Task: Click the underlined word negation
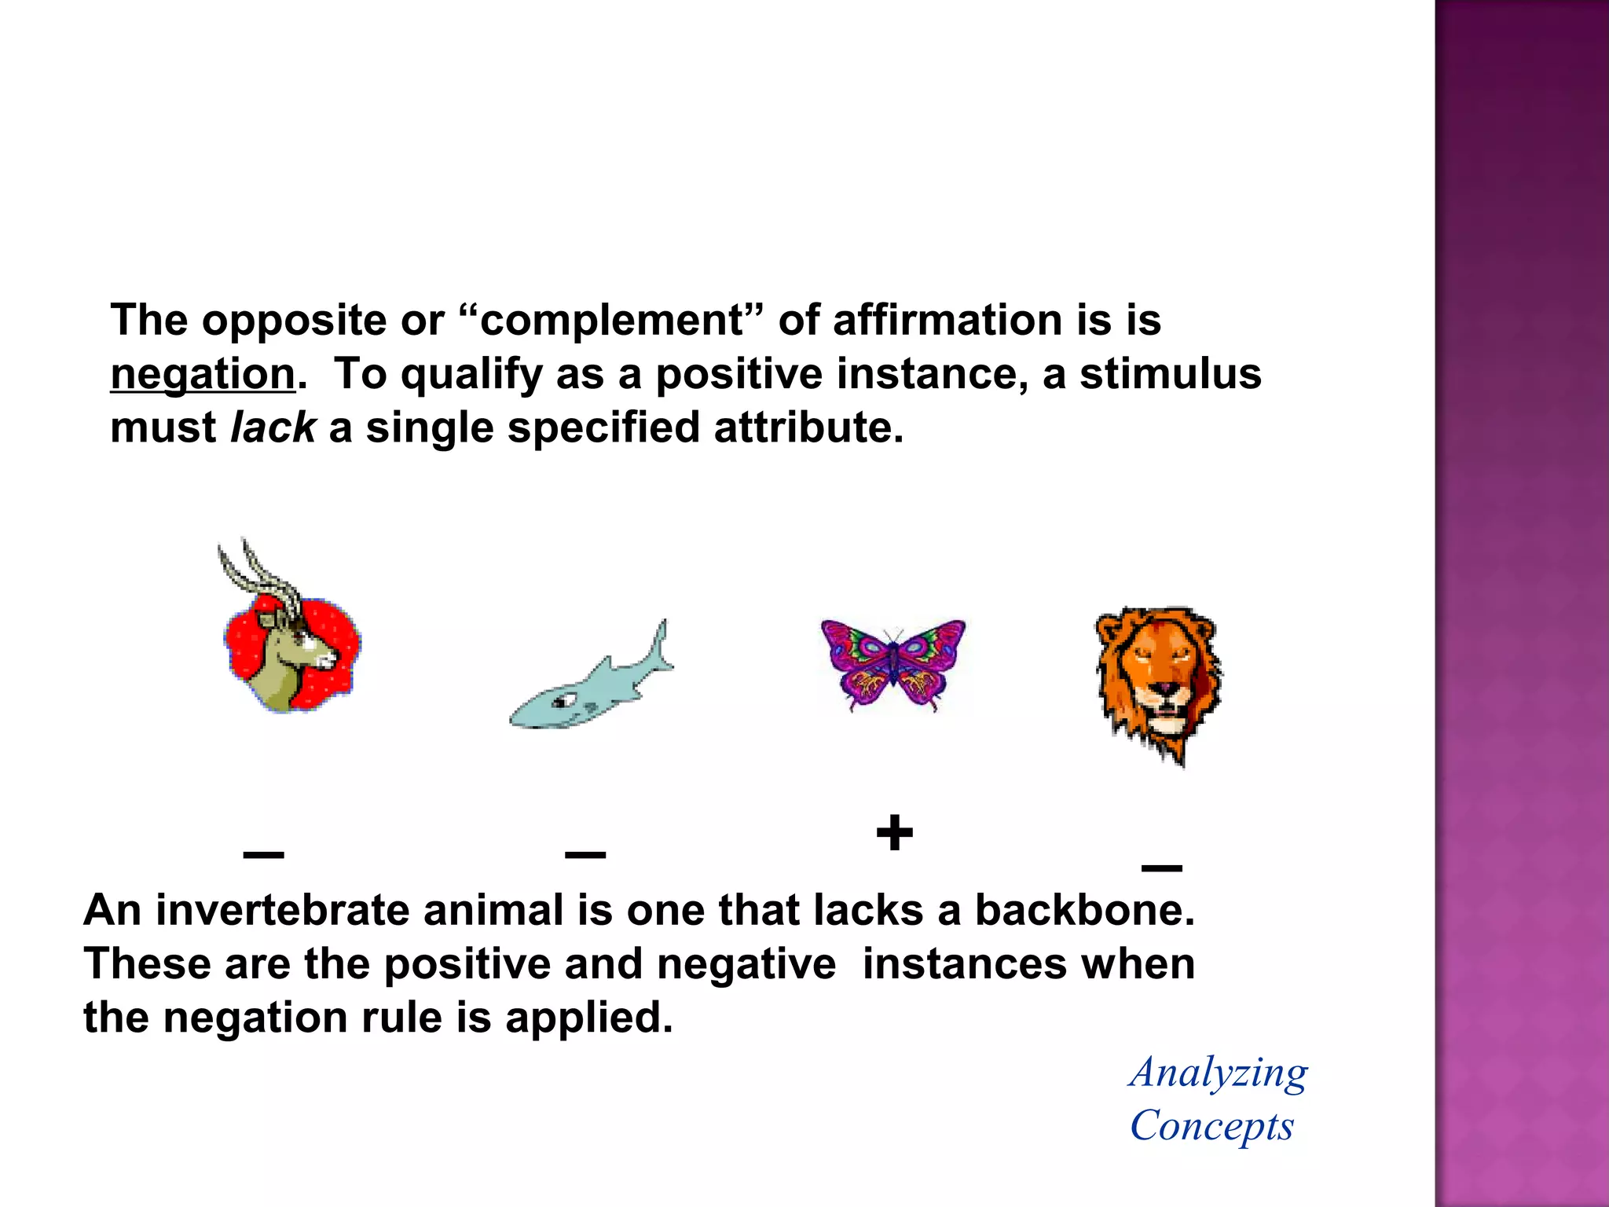coord(203,374)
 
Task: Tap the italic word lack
coord(273,428)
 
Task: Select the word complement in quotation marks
coord(611,321)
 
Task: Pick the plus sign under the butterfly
coord(894,834)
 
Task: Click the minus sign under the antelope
coord(263,854)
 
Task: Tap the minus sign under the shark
coord(585,854)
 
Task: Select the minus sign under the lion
coord(1161,868)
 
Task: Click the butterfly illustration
coord(892,664)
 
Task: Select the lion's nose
coord(1164,689)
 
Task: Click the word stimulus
coord(1170,374)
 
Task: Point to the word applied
coord(588,1018)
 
